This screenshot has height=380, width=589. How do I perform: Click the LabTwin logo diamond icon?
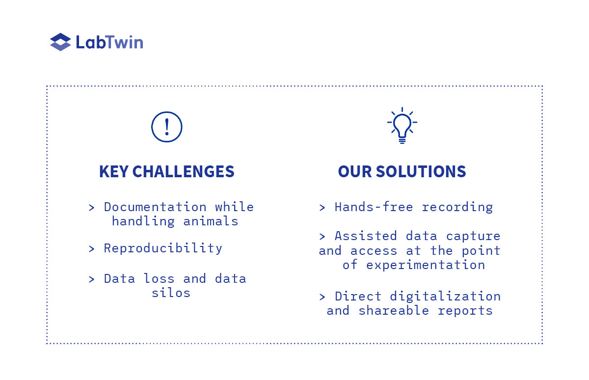(60, 42)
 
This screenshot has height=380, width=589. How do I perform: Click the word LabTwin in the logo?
(109, 42)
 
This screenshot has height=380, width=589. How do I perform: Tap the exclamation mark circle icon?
(167, 127)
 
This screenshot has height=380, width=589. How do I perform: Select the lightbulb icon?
(402, 126)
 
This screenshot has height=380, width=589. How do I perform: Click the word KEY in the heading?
(113, 171)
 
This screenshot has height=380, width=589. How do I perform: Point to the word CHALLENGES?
(183, 171)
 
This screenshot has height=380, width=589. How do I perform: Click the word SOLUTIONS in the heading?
(421, 171)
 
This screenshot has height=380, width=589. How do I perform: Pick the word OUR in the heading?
(355, 171)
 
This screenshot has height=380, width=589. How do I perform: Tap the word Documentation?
(155, 207)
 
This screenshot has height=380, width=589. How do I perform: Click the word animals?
(211, 221)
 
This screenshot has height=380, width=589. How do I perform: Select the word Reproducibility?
(163, 248)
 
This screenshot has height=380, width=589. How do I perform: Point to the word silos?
(171, 293)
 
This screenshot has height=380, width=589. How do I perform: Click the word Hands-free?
(374, 207)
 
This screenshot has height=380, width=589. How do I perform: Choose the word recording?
(457, 208)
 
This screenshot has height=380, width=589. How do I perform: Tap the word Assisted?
(366, 236)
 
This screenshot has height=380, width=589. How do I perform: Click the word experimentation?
(426, 265)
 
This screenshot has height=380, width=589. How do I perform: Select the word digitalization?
(445, 297)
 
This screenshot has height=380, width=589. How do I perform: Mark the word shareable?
(394, 310)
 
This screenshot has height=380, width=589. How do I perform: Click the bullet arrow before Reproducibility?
(91, 249)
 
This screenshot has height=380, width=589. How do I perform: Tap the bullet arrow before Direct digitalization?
(322, 297)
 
